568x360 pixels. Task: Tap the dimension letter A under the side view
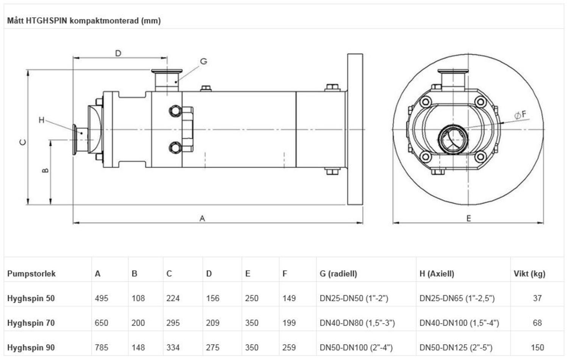202,218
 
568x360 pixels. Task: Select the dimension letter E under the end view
468,218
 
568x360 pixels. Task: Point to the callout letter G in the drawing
203,61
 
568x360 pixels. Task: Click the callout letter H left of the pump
42,120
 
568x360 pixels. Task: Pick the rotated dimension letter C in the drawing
23,142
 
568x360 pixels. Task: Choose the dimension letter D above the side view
118,53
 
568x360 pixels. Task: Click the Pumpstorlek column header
31,274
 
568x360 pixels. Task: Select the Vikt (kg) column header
529,274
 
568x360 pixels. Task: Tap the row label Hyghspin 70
31,323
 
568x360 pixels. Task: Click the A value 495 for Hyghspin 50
101,298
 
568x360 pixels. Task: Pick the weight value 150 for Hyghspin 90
537,348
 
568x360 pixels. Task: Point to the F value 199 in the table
289,323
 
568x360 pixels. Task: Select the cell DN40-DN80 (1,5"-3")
357,323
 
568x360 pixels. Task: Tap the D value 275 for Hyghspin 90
212,348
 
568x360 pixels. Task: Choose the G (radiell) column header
338,274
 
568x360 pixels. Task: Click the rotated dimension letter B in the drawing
45,171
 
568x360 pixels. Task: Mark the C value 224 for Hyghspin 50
173,298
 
